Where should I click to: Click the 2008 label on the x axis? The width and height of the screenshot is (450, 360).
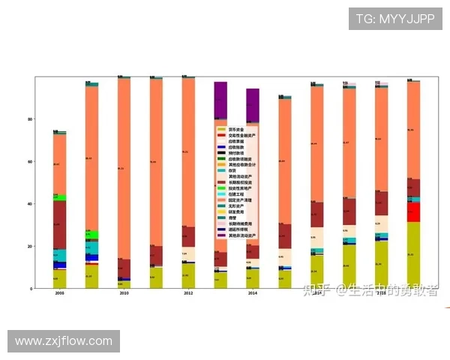coord(59,294)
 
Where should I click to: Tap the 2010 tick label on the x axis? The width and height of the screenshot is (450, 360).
coord(124,294)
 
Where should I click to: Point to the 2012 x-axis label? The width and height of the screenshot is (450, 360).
coord(188,294)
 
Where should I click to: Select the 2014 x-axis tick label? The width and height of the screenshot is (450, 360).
coord(253,294)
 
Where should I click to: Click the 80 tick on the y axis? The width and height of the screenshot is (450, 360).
coord(29,119)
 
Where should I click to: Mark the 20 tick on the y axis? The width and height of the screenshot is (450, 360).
coord(29,246)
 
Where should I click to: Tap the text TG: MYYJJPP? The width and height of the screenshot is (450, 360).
coord(395,19)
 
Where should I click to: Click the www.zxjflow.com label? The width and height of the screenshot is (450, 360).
coord(63,341)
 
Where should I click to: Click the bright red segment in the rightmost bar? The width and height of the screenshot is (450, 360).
coord(413,212)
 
